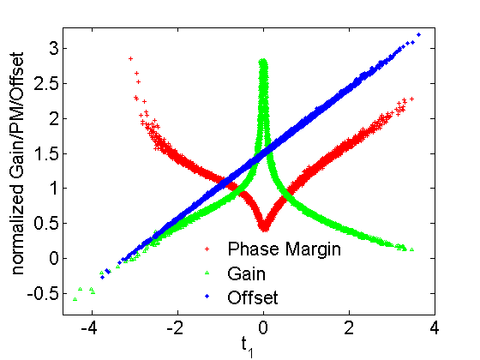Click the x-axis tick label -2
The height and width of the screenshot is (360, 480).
(177, 328)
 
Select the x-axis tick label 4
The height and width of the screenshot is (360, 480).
(435, 328)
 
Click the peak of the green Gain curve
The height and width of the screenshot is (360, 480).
(263, 61)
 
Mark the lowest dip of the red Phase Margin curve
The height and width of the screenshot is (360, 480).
(264, 229)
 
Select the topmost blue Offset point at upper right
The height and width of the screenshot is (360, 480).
(418, 34)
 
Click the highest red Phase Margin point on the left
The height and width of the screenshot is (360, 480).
(130, 58)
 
